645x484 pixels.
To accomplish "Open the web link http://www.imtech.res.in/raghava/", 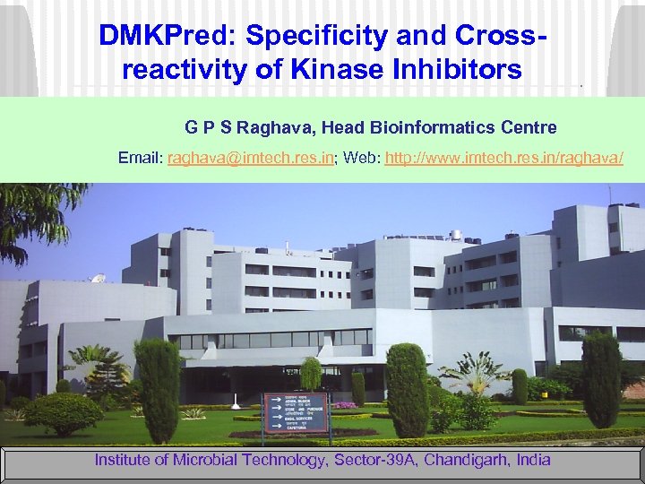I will [x=504, y=158].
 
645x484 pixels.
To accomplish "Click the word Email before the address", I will [x=140, y=158].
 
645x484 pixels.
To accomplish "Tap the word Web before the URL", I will [x=361, y=158].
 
